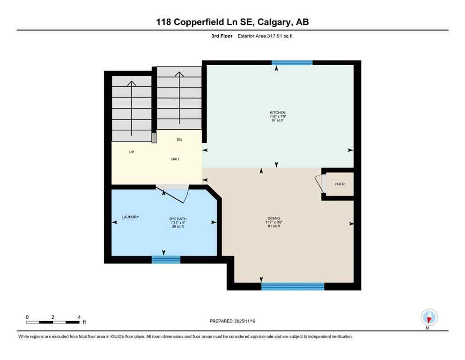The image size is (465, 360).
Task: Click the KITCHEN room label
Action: point(277,112)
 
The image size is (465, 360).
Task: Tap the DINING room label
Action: point(274,218)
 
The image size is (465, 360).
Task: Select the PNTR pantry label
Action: point(340,184)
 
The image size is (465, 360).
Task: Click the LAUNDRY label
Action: point(131,217)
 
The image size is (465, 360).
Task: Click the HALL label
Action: point(175,159)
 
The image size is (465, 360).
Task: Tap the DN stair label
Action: point(179,140)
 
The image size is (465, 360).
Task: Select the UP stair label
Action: point(132,152)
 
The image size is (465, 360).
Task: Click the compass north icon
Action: point(429,317)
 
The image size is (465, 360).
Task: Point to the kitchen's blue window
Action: point(292,62)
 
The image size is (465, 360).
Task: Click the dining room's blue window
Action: point(293,286)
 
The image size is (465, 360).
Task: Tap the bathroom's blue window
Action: point(166,259)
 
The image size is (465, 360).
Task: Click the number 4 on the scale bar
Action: point(79,317)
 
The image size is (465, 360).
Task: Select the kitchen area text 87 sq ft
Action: point(277,121)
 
